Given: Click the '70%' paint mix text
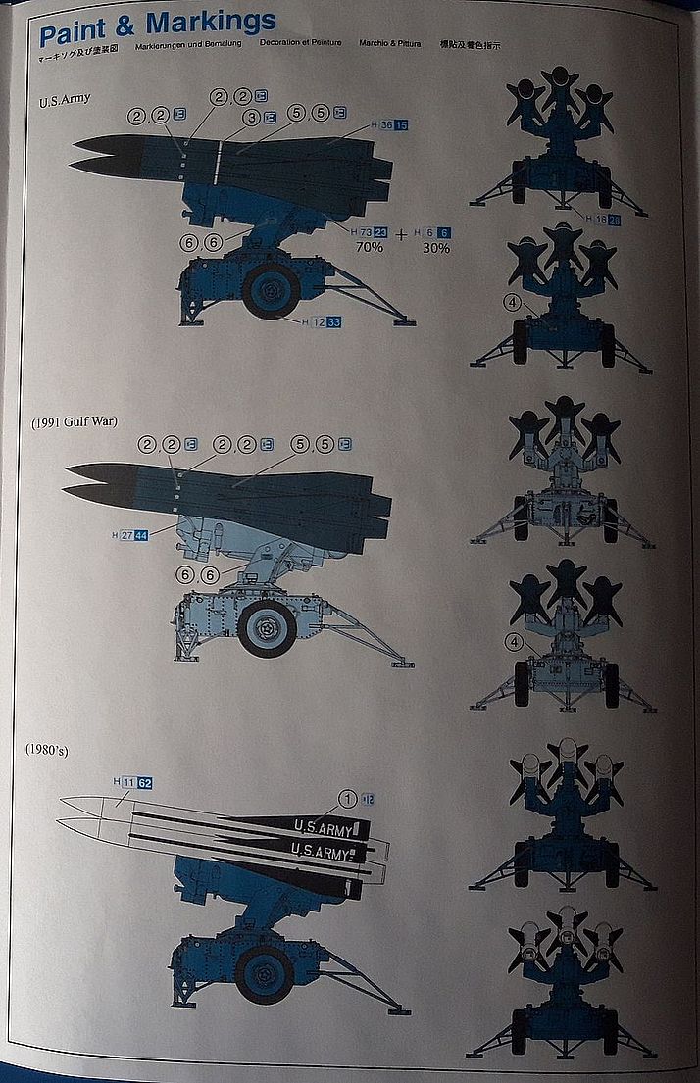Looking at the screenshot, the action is [369, 248].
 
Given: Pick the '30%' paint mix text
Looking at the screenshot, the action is [435, 248].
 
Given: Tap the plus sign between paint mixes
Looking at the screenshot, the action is [401, 234].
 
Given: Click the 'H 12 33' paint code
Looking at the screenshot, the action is [321, 321].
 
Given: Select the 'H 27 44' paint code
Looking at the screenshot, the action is [130, 534].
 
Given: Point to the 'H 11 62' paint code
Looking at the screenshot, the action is [132, 782].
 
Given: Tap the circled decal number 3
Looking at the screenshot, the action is [251, 118].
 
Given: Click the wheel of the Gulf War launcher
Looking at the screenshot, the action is [267, 628].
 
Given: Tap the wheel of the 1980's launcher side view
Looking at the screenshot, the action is [266, 971].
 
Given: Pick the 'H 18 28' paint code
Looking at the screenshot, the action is [602, 219].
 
